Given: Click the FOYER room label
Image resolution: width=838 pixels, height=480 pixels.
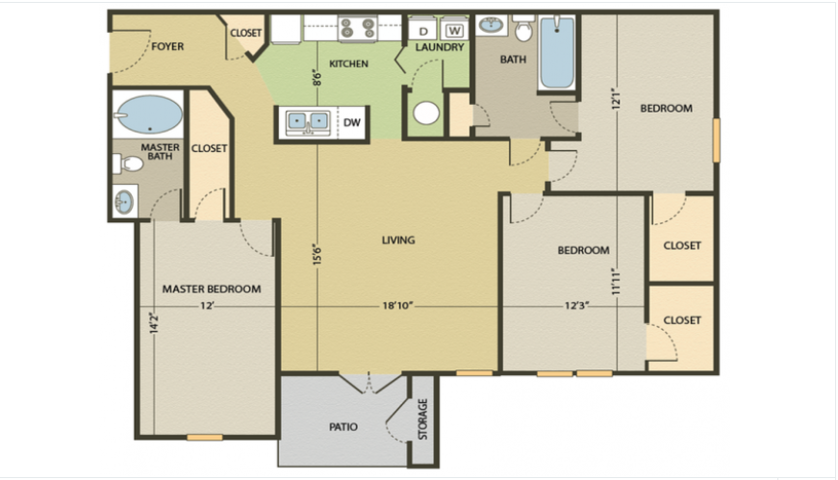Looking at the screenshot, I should (x=167, y=46).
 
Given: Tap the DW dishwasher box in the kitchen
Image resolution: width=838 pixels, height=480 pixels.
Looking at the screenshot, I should (x=352, y=122).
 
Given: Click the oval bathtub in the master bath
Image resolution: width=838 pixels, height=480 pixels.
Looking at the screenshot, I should (x=149, y=116).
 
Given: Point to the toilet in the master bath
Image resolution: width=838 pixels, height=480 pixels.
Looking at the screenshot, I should (x=129, y=164).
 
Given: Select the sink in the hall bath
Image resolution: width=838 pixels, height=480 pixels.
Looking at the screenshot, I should (x=491, y=26).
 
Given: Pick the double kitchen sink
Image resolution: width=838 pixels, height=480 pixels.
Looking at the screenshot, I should (x=307, y=122).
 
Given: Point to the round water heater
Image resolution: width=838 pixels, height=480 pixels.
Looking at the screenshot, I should (x=426, y=114).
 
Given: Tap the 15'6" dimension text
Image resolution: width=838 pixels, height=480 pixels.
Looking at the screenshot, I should (x=317, y=254).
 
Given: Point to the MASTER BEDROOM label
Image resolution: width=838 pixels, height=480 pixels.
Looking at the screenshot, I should (x=211, y=289).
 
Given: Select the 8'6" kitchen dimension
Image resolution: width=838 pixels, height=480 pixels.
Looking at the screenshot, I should (x=317, y=77).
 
